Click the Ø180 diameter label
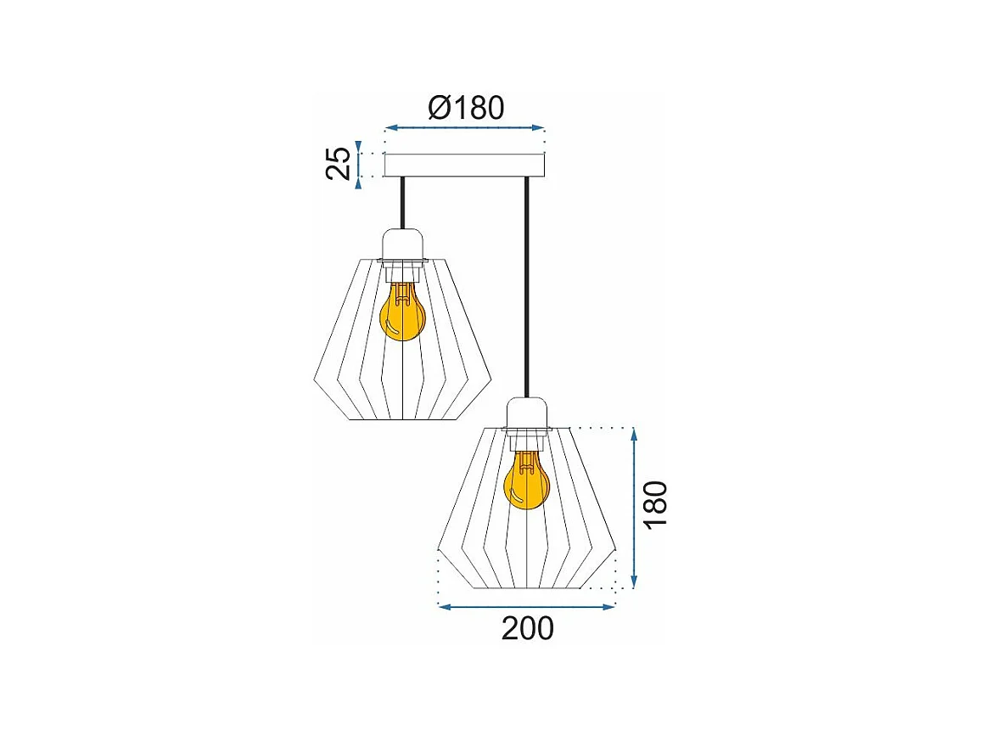pyautogui.click(x=466, y=108)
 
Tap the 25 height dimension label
pyautogui.click(x=339, y=163)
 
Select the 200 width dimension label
pyautogui.click(x=527, y=628)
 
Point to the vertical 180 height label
pyautogui.click(x=655, y=503)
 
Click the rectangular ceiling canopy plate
pyautogui.click(x=464, y=165)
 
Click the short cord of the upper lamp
pyautogui.click(x=402, y=203)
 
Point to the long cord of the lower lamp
pyautogui.click(x=527, y=289)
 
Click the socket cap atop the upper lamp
pyautogui.click(x=402, y=244)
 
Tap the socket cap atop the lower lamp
pyautogui.click(x=528, y=413)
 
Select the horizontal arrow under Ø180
pyautogui.click(x=464, y=128)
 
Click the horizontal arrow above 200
pyautogui.click(x=525, y=606)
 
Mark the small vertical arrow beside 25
pyautogui.click(x=360, y=164)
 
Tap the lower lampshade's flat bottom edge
pyautogui.click(x=527, y=588)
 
